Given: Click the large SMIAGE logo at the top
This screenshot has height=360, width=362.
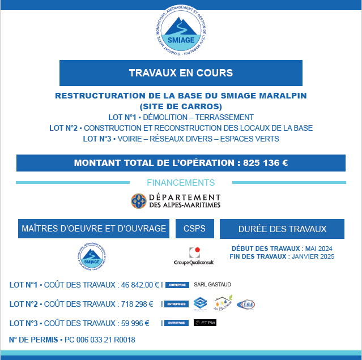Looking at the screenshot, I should (181, 33).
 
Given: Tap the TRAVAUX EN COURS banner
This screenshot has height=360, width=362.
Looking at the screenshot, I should (181, 73).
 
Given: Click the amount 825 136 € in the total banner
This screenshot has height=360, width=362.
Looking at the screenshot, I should (266, 163).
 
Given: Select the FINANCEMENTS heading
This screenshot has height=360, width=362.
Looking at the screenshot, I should (181, 183).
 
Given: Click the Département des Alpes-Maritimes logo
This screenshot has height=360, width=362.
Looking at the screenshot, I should (176, 200).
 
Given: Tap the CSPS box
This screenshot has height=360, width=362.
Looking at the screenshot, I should (194, 229).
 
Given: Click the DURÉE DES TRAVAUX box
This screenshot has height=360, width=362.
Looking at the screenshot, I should (282, 229).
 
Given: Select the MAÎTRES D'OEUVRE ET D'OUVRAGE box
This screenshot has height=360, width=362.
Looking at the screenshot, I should (93, 229).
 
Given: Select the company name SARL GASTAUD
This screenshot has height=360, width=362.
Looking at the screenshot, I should (212, 285).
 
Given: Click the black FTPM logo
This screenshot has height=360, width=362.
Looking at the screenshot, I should (205, 323).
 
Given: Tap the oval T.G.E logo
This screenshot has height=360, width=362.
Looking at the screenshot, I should (246, 304).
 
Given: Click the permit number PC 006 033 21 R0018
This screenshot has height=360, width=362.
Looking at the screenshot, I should (100, 340).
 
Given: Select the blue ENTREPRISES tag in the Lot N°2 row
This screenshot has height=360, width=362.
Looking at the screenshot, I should (177, 304).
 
